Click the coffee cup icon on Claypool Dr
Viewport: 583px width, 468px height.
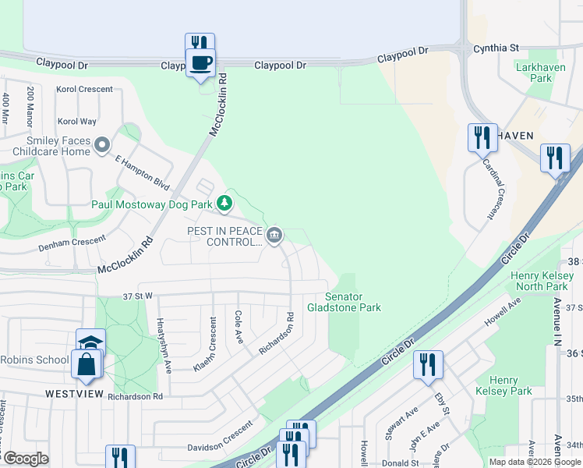200,62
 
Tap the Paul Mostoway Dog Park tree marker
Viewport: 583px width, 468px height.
225,204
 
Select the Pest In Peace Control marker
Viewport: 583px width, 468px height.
274,235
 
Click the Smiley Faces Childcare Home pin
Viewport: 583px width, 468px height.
101,144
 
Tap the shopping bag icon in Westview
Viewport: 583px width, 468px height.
86,364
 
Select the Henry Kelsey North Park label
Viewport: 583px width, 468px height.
542,281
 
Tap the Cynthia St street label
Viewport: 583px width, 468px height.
496,48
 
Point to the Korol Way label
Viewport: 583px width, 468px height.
77,121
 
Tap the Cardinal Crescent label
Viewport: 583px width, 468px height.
495,187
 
